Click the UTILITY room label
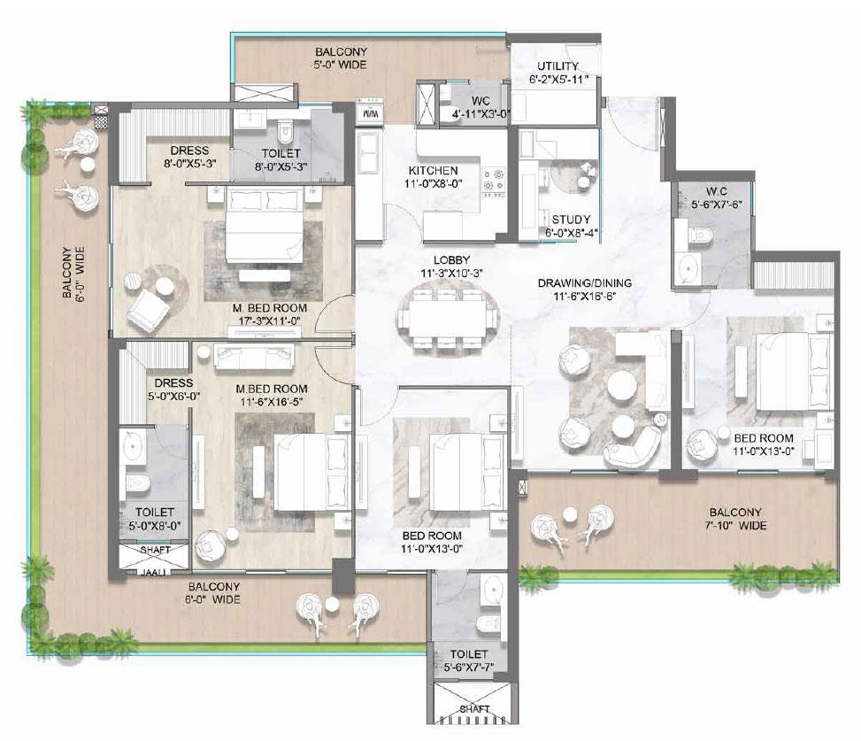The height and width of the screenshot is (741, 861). [557, 66]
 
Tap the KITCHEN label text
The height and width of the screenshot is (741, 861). [433, 170]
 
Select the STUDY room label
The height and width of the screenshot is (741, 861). [571, 220]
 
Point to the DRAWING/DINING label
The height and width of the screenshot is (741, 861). [585, 283]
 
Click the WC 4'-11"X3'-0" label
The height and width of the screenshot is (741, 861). [470, 106]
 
